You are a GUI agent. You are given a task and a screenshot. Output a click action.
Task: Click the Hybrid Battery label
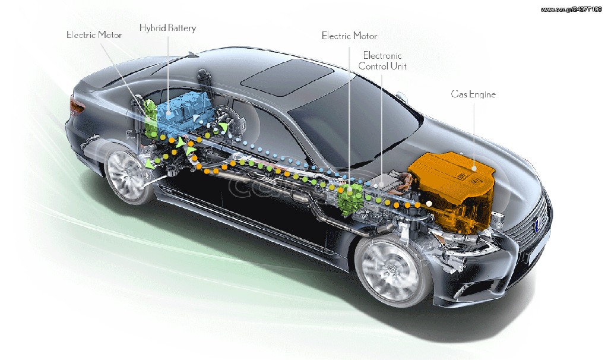[167, 29]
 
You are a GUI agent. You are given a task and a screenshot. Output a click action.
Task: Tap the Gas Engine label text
[473, 94]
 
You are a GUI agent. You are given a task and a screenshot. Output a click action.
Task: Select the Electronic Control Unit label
[382, 61]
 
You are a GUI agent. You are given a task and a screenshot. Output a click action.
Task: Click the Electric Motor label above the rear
[94, 35]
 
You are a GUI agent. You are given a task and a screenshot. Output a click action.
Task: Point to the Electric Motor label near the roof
[349, 36]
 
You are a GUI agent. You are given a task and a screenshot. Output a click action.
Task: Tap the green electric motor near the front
[350, 198]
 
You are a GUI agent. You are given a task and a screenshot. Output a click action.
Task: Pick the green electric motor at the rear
[150, 116]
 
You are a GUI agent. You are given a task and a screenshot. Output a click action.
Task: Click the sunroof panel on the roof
[287, 77]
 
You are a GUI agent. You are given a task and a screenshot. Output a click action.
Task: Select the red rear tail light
[76, 105]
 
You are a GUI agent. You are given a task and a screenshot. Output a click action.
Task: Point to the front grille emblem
[538, 224]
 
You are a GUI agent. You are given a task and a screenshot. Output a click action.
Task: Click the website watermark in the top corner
[571, 10]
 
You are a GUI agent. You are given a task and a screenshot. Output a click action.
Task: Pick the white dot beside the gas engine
[429, 203]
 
